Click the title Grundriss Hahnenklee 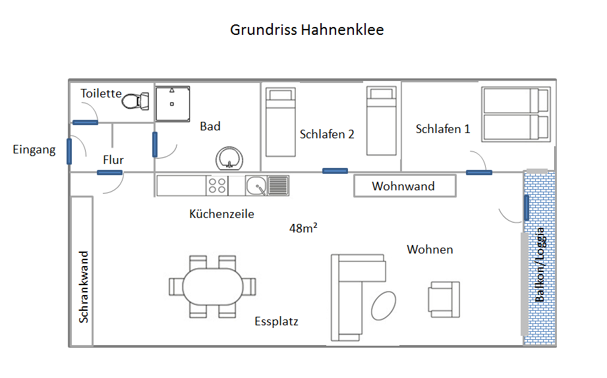pyautogui.click(x=306, y=30)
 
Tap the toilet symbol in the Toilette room pyautogui.click(x=135, y=101)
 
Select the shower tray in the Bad pyautogui.click(x=173, y=103)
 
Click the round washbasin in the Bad pyautogui.click(x=229, y=159)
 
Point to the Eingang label pyautogui.click(x=34, y=149)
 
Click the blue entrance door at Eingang pyautogui.click(x=69, y=151)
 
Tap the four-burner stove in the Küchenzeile pyautogui.click(x=217, y=186)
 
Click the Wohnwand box pyautogui.click(x=405, y=186)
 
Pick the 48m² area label pyautogui.click(x=303, y=228)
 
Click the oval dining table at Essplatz pyautogui.click(x=212, y=286)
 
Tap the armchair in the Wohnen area pyautogui.click(x=444, y=300)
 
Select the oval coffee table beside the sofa pyautogui.click(x=383, y=306)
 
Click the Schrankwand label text pyautogui.click(x=84, y=286)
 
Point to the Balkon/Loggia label pyautogui.click(x=540, y=265)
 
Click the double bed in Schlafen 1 pyautogui.click(x=516, y=114)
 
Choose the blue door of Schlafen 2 pyautogui.click(x=335, y=171)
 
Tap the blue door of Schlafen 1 pyautogui.click(x=479, y=173)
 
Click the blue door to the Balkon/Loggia pyautogui.click(x=527, y=207)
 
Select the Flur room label pyautogui.click(x=113, y=160)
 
